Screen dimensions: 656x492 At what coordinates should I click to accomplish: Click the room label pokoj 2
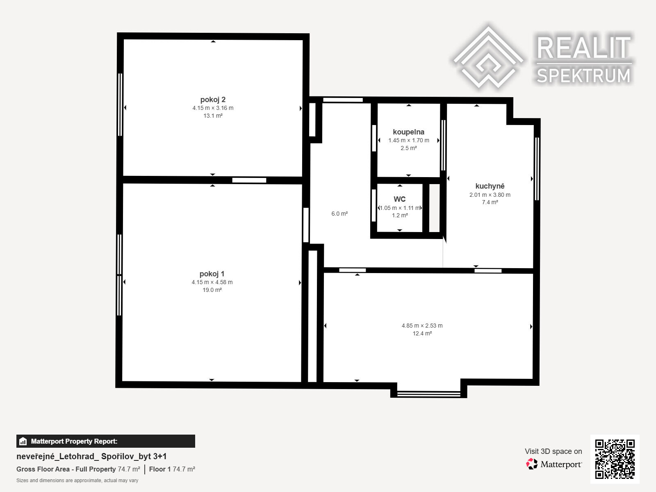click(x=213, y=100)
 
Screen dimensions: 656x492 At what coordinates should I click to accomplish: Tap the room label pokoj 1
click(x=212, y=273)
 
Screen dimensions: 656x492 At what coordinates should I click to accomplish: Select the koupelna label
click(x=408, y=132)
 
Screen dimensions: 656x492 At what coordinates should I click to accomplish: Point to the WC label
click(x=400, y=199)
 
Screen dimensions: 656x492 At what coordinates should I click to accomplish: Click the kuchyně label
click(x=490, y=186)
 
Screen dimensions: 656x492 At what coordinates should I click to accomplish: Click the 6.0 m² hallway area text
click(x=339, y=214)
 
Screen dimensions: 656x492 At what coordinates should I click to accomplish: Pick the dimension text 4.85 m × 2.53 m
click(x=422, y=326)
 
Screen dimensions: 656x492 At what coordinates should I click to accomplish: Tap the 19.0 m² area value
click(x=212, y=290)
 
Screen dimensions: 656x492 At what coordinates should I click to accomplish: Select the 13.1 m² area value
click(x=213, y=116)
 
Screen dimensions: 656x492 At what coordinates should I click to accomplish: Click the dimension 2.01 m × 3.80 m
click(x=490, y=195)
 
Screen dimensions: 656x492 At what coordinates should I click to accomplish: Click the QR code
click(x=615, y=459)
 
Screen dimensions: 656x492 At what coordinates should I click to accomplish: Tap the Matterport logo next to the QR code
click(x=554, y=464)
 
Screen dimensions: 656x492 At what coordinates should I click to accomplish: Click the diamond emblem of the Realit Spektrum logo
click(x=488, y=57)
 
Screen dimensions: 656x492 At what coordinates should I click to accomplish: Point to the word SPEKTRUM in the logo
click(x=584, y=75)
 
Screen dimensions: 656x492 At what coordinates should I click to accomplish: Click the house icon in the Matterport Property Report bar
click(x=23, y=441)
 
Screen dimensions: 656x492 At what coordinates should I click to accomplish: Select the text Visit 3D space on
click(x=553, y=451)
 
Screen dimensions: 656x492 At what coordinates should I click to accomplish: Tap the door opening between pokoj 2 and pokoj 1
click(x=249, y=180)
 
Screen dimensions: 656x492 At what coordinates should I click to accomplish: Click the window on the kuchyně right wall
click(x=537, y=169)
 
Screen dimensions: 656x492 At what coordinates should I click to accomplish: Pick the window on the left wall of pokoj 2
click(x=120, y=105)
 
